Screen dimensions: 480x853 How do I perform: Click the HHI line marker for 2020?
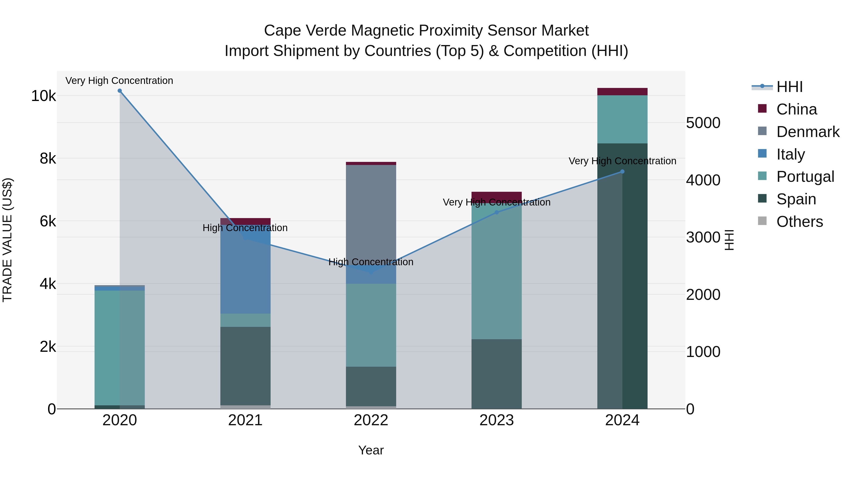[120, 91]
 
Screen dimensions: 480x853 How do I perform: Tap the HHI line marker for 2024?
[622, 172]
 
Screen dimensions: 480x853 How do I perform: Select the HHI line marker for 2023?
[496, 212]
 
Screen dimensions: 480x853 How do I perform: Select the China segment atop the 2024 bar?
[622, 92]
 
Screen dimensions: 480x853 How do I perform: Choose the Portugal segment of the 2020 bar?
[120, 348]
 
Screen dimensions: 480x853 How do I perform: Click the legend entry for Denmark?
[808, 132]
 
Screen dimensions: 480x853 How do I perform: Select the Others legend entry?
[799, 222]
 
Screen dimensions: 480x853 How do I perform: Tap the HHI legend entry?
[789, 87]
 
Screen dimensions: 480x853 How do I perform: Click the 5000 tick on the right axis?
[703, 123]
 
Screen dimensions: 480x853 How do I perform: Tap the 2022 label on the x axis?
[371, 420]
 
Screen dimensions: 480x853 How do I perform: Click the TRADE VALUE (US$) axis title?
[7, 240]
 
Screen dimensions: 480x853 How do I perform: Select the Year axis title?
[371, 450]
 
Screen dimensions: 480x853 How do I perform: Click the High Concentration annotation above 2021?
[245, 228]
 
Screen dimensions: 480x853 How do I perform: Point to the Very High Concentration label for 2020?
[119, 81]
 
